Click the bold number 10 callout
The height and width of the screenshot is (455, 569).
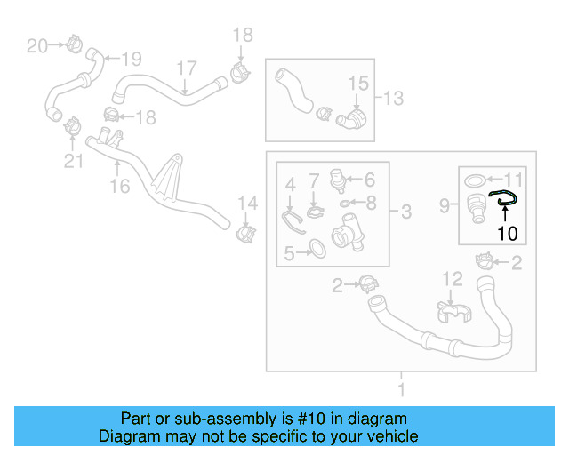point(506,235)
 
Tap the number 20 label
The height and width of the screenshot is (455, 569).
point(36,45)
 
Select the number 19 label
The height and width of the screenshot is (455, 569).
point(131,60)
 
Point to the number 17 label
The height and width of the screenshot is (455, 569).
point(185,68)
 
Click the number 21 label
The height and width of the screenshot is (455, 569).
point(72,160)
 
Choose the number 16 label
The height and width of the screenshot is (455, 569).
point(118,186)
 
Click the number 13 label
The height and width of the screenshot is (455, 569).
point(393,97)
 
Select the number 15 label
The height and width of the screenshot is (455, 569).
point(357,84)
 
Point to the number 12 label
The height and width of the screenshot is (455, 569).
point(453,280)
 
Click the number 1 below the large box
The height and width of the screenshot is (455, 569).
point(401,388)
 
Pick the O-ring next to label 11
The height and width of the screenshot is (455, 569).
point(477,180)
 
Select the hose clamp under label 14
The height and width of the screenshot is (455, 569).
point(246,235)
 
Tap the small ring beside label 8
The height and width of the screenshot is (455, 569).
point(345,203)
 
